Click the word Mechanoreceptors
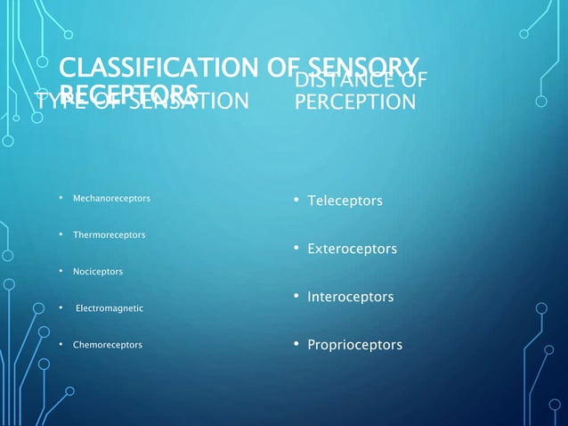110,197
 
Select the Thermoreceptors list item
109,234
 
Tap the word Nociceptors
98,271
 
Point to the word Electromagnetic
110,308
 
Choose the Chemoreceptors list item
107,345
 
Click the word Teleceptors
345,201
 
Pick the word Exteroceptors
352,250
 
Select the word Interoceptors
350,297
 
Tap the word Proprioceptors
354,345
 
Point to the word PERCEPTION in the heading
354,102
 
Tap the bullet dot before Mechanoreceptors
60,197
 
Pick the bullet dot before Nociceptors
60,271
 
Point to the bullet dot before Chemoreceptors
60,345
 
